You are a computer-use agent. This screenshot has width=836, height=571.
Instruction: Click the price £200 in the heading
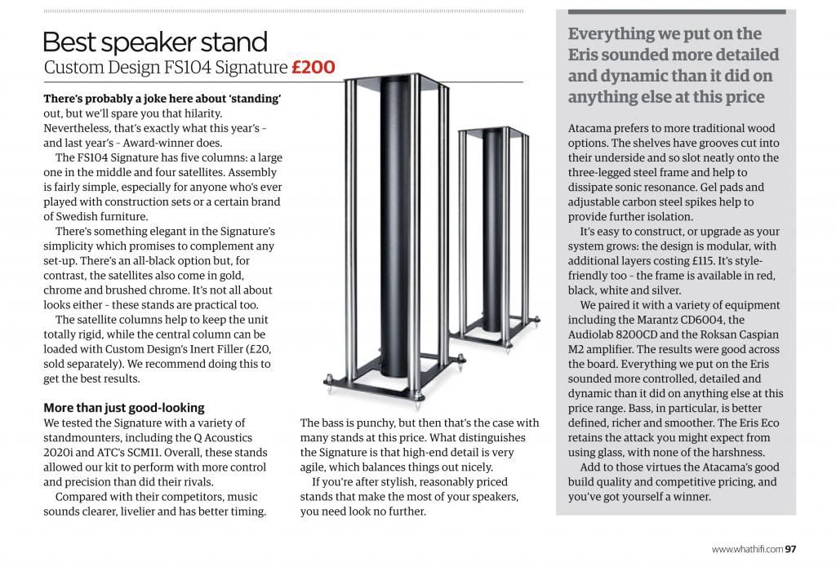click(313, 67)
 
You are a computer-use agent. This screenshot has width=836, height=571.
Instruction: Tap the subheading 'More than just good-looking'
click(123, 407)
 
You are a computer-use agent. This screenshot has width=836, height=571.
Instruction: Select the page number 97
click(790, 549)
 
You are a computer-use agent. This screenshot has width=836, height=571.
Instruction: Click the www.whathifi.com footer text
click(747, 549)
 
